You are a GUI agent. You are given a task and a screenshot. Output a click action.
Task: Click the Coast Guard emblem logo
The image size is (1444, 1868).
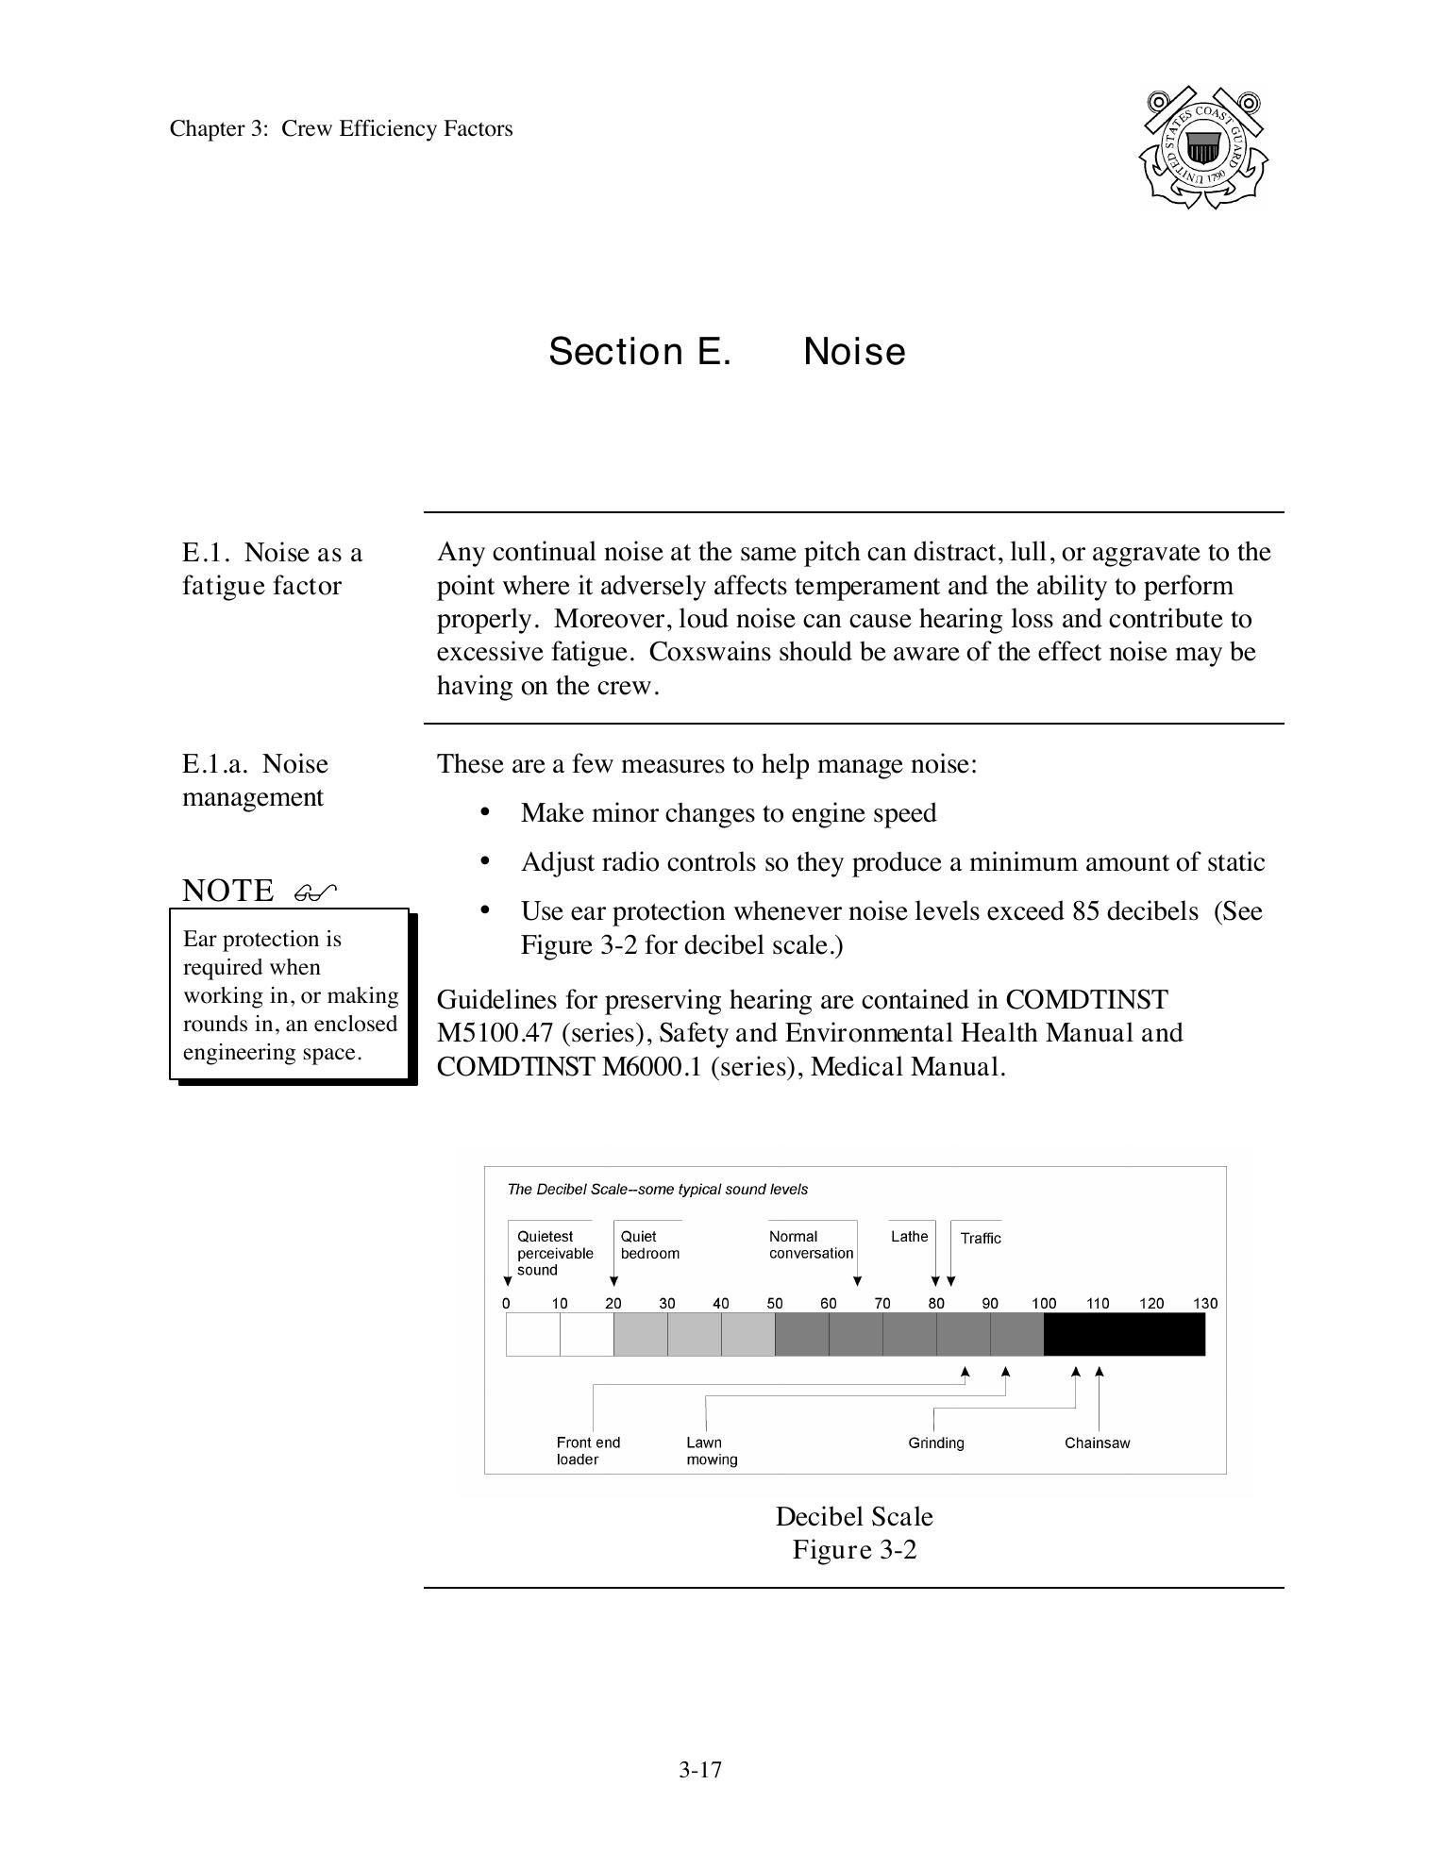(1202, 148)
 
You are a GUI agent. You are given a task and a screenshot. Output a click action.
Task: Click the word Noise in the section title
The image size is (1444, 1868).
(853, 352)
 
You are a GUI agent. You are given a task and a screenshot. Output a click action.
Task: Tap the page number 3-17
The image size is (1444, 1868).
(699, 1769)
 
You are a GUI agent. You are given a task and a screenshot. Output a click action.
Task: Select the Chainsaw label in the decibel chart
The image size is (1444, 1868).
(1097, 1443)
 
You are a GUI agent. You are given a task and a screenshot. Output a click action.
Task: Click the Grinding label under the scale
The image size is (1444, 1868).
(935, 1443)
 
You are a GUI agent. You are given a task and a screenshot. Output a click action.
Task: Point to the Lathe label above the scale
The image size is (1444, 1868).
(909, 1237)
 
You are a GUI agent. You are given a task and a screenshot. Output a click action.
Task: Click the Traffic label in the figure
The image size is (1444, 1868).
(981, 1239)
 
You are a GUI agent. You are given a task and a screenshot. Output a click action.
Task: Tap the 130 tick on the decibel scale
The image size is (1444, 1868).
(1205, 1304)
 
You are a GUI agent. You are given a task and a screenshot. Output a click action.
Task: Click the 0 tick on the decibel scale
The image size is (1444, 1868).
(507, 1304)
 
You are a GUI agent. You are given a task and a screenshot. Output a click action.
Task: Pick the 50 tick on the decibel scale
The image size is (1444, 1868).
(775, 1304)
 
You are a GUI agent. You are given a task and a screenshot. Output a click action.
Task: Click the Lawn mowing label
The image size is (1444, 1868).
(711, 1451)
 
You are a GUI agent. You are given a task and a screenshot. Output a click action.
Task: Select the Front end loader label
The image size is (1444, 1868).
(588, 1451)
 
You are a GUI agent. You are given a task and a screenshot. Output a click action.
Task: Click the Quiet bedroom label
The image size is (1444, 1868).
(649, 1245)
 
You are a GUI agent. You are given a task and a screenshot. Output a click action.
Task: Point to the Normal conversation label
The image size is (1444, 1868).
(810, 1245)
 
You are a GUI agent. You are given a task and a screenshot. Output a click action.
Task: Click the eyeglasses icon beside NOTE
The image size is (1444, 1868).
(315, 892)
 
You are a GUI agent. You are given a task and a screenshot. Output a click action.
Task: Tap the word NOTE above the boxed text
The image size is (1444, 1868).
(227, 891)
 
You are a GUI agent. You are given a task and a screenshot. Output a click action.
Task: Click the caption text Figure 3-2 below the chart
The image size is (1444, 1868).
(854, 1550)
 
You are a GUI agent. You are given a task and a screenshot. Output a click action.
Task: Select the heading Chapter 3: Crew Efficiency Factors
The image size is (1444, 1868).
(341, 129)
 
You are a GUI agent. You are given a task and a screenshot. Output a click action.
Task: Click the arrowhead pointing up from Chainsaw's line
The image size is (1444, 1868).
(1100, 1372)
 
